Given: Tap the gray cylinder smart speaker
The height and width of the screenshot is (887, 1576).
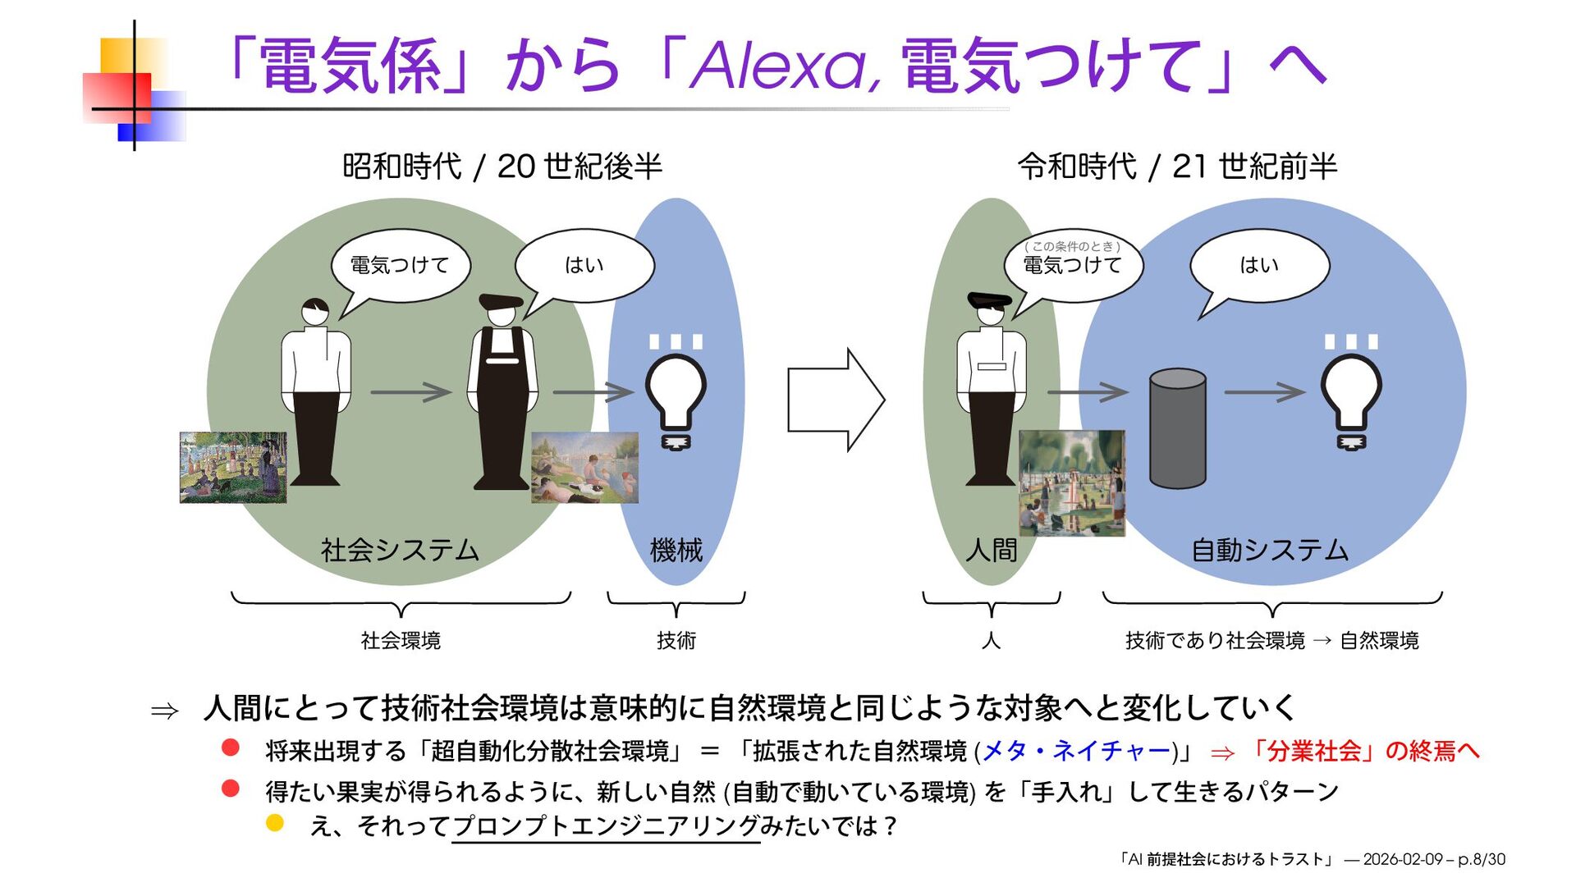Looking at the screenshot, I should (x=1177, y=428).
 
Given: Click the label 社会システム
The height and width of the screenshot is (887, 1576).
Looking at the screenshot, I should (x=400, y=550).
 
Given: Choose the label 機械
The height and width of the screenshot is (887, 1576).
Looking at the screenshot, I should (x=676, y=550).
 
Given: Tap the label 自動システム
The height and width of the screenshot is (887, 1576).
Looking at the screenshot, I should (x=1270, y=550).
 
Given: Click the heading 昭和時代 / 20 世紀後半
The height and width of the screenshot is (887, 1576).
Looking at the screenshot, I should (x=502, y=167).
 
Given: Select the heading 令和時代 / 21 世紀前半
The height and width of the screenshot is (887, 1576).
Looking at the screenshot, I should (x=1177, y=167).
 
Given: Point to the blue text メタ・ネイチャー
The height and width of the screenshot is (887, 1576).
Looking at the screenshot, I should (x=1076, y=750).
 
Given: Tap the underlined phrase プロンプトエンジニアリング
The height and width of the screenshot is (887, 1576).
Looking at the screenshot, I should (x=606, y=825).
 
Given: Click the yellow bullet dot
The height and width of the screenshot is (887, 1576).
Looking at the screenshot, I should (x=275, y=823).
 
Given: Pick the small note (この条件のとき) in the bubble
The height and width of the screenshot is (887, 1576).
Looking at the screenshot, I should (x=1072, y=246).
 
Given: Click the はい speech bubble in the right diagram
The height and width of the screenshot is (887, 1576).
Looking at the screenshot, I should (x=1259, y=265).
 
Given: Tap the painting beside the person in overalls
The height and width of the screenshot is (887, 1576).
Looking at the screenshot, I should (x=584, y=467).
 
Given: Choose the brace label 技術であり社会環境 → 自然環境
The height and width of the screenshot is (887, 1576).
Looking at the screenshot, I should (x=1271, y=640).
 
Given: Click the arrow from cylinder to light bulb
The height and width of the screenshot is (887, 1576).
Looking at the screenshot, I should (x=1264, y=392).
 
